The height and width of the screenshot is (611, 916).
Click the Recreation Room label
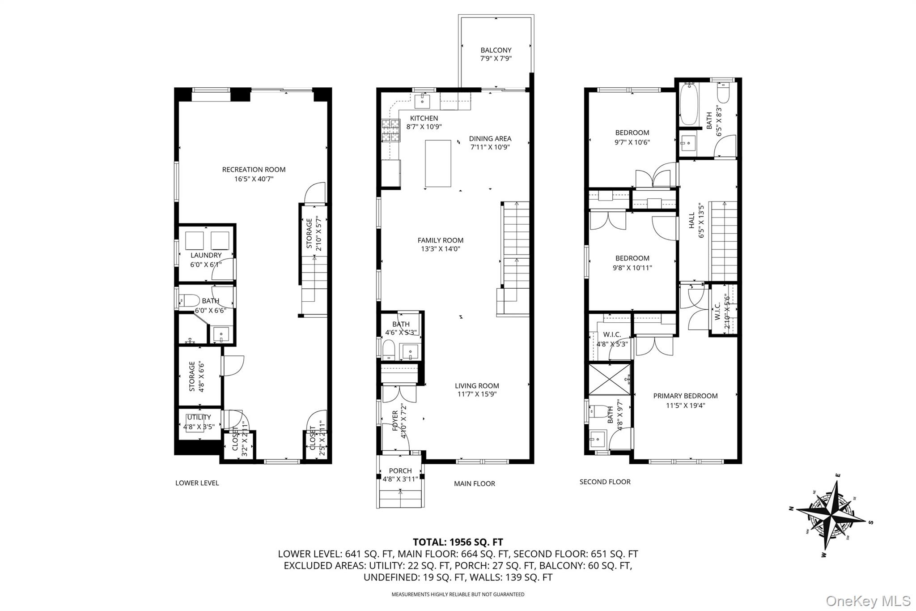pos(254,170)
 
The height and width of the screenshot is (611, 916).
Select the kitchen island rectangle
pos(438,163)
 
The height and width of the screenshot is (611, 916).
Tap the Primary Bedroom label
pos(685,396)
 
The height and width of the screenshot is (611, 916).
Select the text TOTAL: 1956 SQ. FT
pos(458,543)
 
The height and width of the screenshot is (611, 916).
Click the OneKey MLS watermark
pos(868,600)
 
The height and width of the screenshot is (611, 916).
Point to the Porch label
pos(400,471)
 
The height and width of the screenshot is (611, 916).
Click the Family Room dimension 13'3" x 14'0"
pos(441,249)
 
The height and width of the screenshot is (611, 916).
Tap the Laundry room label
pos(206,255)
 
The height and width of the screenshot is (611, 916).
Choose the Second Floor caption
pos(605,482)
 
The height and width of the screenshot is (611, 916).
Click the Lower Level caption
pos(197,483)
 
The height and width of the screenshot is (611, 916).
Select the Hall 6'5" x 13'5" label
pos(696,220)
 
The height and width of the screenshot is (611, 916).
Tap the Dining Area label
pos(490,139)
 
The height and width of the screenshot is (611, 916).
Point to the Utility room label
pos(199,418)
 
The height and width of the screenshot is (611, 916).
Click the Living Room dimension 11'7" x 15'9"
pos(477,394)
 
